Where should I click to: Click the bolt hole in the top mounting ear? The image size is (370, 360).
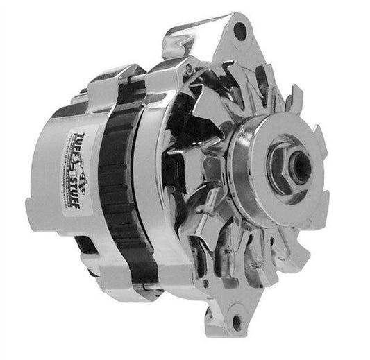(x=241, y=31)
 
